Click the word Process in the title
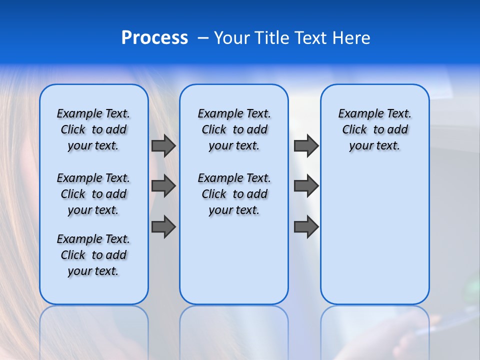pos(154,38)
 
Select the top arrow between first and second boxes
pos(163,145)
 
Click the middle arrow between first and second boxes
pos(163,186)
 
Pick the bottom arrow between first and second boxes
pos(163,227)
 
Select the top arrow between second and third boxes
pos(306,145)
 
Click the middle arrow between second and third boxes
pos(306,186)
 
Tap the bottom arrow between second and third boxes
pos(306,227)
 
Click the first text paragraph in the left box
pos(93,129)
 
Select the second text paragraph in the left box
pos(93,194)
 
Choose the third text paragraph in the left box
pos(93,255)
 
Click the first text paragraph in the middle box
pos(234,129)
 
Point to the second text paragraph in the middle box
pos(234,194)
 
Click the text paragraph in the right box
pos(375,129)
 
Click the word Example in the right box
pos(357,114)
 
